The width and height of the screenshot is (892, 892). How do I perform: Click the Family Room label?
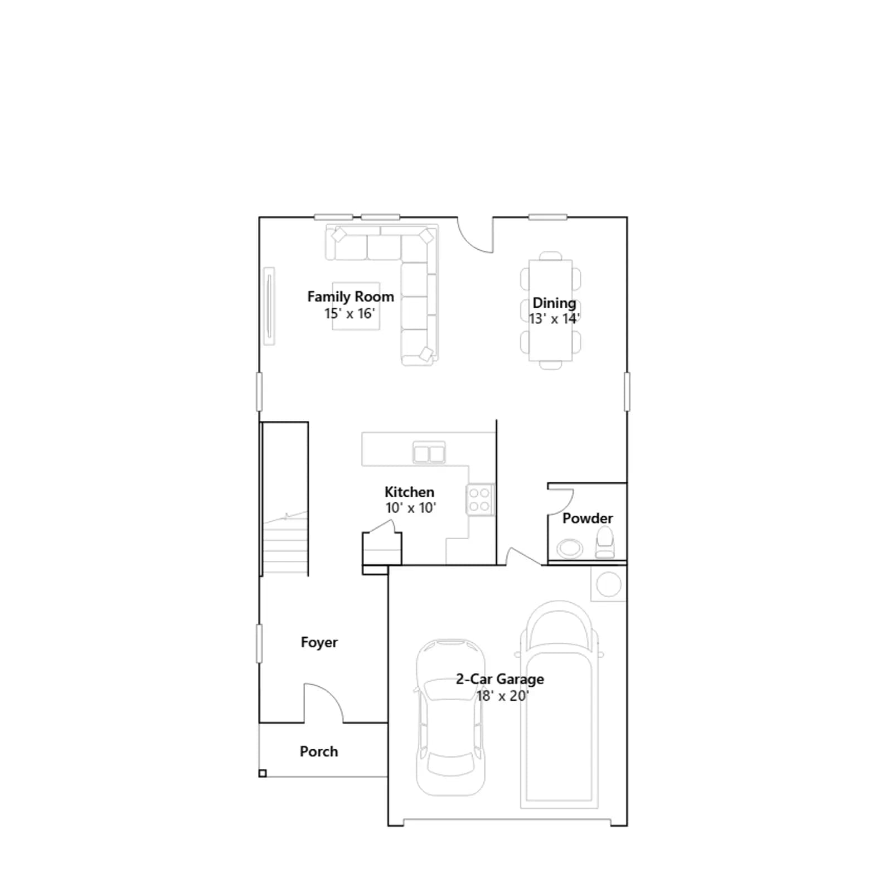coord(351,297)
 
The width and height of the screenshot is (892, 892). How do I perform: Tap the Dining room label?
coord(554,303)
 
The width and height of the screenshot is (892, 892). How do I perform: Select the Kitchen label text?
coord(409,492)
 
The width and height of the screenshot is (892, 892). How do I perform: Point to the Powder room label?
coord(588,518)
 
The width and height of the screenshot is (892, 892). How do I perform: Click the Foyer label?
coord(319,642)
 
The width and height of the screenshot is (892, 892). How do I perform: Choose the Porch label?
coord(319,751)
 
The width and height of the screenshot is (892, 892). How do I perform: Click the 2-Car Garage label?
coord(500,679)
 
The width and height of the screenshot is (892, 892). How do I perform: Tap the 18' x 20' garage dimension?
coord(502,696)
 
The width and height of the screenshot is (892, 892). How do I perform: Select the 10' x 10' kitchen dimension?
coord(411,507)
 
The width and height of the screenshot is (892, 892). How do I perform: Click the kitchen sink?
coord(429,453)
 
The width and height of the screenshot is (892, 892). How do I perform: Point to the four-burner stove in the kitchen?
coord(480,500)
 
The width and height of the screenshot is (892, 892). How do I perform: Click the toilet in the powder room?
coord(605,543)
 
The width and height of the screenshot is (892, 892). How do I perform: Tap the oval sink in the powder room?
coord(570,549)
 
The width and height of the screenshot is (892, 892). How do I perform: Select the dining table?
coord(551,310)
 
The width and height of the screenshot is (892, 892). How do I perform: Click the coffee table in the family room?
coord(356,306)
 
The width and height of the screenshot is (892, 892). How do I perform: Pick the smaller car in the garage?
coord(450,718)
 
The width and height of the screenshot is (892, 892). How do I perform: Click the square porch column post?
coord(263,773)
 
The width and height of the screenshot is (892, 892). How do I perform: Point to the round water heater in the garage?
coord(609,584)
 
